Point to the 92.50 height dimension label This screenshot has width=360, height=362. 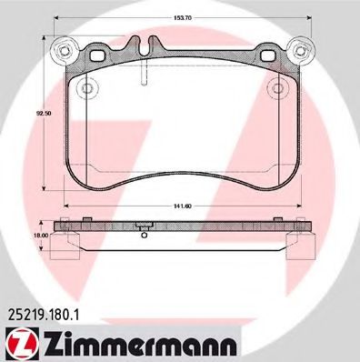(37, 114)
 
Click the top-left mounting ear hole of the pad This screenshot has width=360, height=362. (63, 48)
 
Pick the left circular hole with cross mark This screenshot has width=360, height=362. (87, 88)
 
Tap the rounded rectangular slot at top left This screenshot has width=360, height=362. (93, 54)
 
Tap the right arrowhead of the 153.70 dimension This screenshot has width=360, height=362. (307, 18)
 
